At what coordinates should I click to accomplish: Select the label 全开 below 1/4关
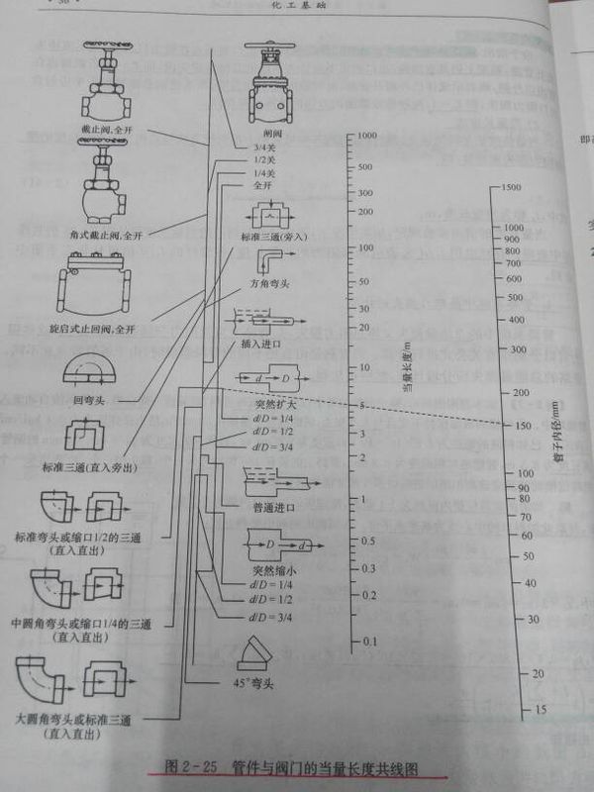(261, 185)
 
